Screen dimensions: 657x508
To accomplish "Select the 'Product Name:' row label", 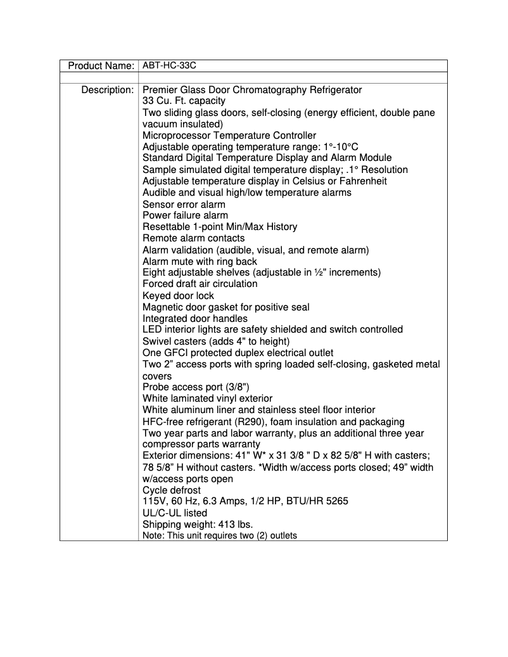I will (101, 65).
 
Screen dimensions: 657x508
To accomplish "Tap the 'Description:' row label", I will (107, 89).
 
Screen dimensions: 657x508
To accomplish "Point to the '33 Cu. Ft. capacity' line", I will (184, 101).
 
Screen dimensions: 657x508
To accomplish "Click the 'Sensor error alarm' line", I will (184, 204).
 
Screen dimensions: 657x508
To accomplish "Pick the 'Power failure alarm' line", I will (185, 215).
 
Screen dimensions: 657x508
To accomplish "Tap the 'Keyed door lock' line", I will (178, 295).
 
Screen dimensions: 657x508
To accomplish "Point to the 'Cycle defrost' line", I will (171, 490).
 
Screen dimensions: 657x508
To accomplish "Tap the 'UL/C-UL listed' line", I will (175, 513).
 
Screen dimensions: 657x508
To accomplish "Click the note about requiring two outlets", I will (220, 535).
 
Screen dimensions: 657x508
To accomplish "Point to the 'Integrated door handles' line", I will (195, 318).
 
